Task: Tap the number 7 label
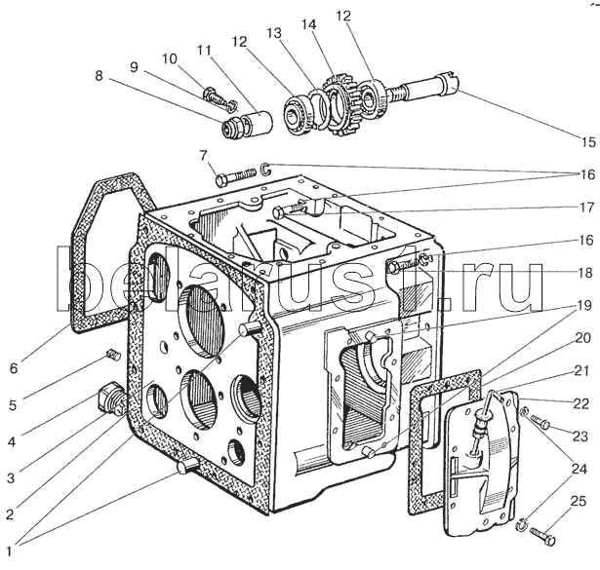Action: [202, 155]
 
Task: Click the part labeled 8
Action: [234, 128]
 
